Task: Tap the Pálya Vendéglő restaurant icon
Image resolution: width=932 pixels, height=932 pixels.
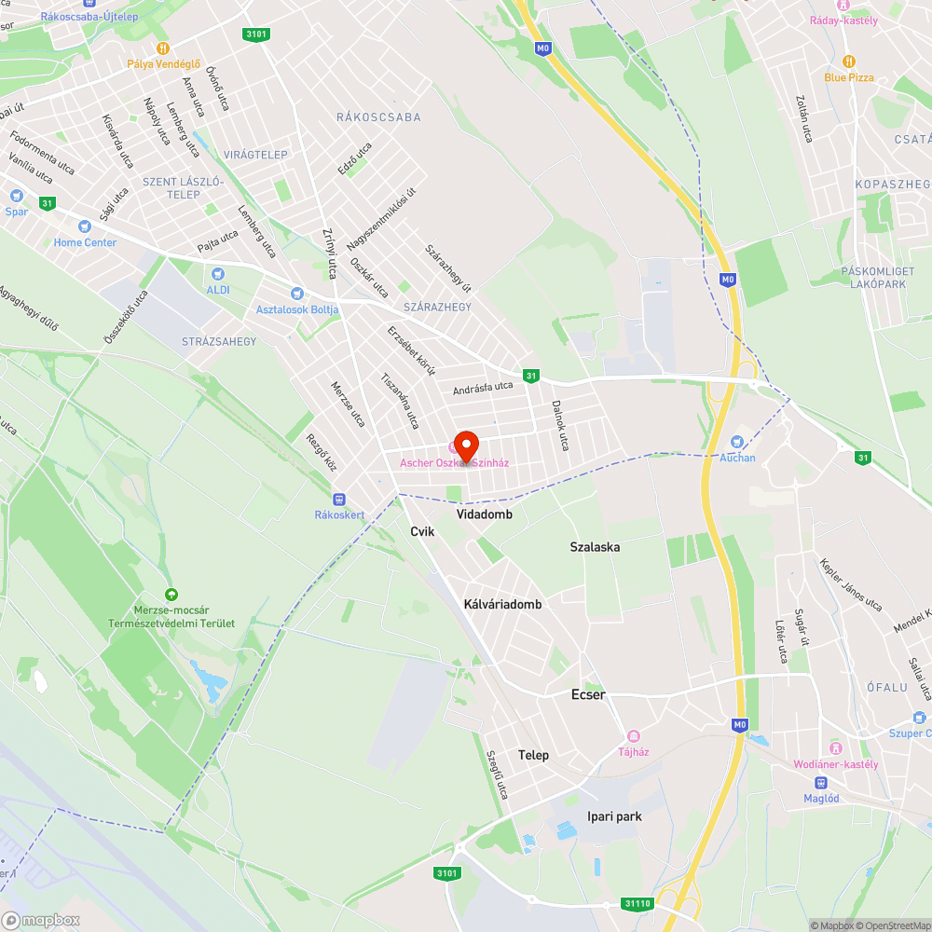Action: pos(164,48)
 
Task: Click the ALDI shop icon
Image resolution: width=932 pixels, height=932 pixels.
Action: pos(218,274)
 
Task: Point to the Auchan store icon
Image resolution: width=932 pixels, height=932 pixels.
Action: pos(737,442)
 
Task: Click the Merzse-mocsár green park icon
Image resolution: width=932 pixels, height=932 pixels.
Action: pos(171,595)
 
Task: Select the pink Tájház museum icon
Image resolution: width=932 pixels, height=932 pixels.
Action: pos(634,736)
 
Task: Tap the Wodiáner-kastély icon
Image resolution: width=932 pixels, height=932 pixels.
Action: pos(835,748)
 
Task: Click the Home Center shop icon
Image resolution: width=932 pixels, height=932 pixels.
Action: pos(85,226)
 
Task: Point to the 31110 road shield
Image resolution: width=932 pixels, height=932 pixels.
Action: pos(637,904)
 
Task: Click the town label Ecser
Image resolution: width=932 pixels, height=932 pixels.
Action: pos(588,694)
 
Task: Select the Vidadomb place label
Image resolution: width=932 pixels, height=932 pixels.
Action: pos(485,514)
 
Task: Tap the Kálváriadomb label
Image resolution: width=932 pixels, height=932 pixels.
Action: pos(502,604)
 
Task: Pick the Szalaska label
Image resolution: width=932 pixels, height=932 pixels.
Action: pos(595,547)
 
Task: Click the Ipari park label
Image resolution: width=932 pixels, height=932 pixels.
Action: pos(614,816)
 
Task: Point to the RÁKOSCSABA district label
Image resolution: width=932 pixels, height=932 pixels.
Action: pos(378,117)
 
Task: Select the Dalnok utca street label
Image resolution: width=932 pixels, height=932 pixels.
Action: pos(559,426)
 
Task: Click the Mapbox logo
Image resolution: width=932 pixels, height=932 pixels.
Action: pos(41,921)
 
